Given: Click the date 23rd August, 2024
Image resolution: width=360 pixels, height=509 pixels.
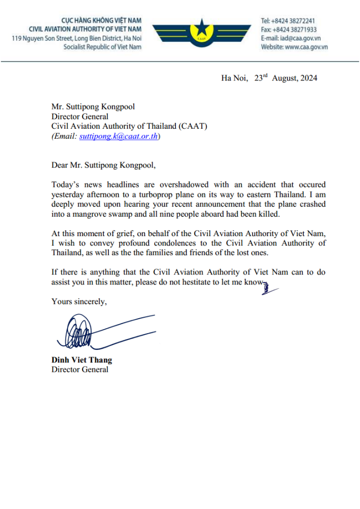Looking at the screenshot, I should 285,78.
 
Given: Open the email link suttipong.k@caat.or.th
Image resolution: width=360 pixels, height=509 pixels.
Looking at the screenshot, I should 119,136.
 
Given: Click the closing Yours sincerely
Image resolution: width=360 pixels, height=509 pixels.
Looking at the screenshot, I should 79,301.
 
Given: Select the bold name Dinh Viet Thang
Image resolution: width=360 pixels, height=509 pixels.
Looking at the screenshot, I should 82,360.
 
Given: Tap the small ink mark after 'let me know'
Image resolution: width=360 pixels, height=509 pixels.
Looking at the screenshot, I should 266,286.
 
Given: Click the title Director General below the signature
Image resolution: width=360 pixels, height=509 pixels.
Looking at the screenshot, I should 80,369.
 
